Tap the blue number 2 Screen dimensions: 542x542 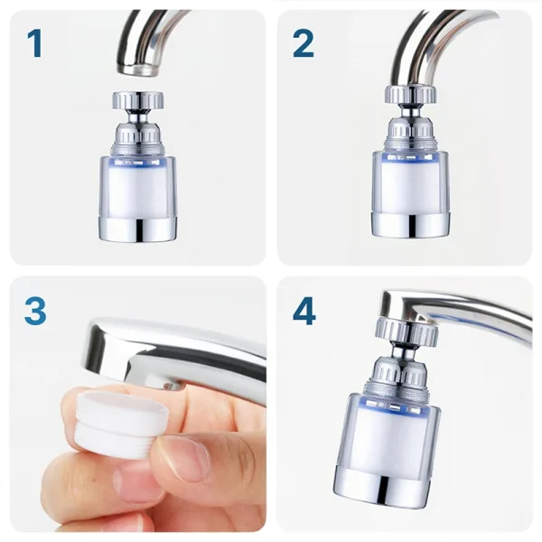(304, 43)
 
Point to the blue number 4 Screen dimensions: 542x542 (304, 311)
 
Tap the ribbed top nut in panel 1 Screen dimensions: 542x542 (138, 100)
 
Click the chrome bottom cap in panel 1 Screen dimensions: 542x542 (138, 229)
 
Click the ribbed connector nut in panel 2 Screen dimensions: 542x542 (411, 94)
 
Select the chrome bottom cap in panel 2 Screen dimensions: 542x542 (411, 226)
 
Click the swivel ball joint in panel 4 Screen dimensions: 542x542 (403, 353)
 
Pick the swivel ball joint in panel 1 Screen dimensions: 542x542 (138, 117)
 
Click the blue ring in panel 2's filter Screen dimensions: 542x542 (411, 157)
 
